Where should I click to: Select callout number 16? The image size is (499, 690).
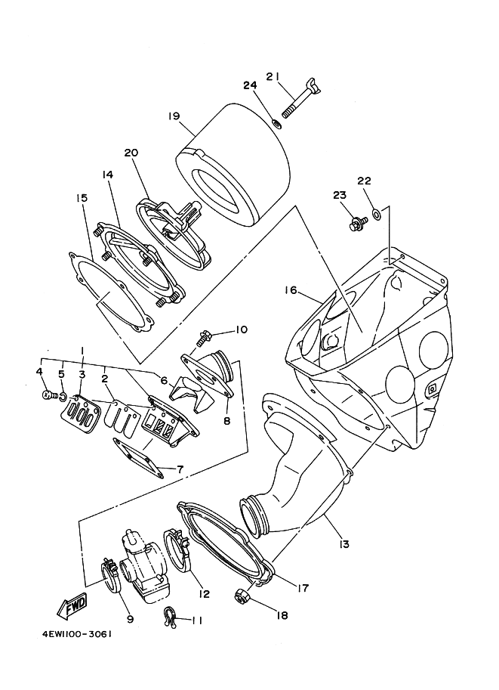[x=291, y=289]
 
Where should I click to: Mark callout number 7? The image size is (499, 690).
[x=180, y=469]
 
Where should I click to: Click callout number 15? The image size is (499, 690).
[x=82, y=198]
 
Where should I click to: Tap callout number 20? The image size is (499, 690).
[x=131, y=153]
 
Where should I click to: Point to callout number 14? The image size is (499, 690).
[x=107, y=175]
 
